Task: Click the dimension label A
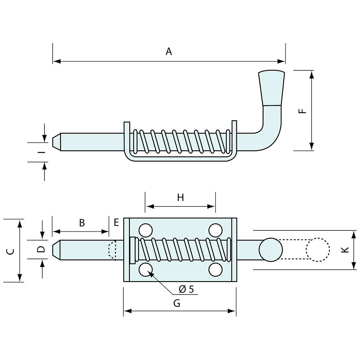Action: click(169, 51)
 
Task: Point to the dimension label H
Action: click(180, 197)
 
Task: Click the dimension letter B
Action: click(82, 223)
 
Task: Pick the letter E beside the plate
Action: click(116, 223)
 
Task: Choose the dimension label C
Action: click(10, 251)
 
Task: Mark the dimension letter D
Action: click(41, 249)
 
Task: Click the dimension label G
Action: click(177, 303)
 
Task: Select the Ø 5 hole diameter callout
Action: click(186, 289)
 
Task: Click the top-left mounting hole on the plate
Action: click(146, 230)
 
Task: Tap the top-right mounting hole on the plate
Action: click(215, 230)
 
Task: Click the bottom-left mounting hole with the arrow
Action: click(146, 270)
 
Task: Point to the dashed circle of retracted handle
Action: click(317, 249)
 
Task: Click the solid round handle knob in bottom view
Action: click(271, 250)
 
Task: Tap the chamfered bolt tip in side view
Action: click(56, 142)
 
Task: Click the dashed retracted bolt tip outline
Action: click(112, 250)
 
